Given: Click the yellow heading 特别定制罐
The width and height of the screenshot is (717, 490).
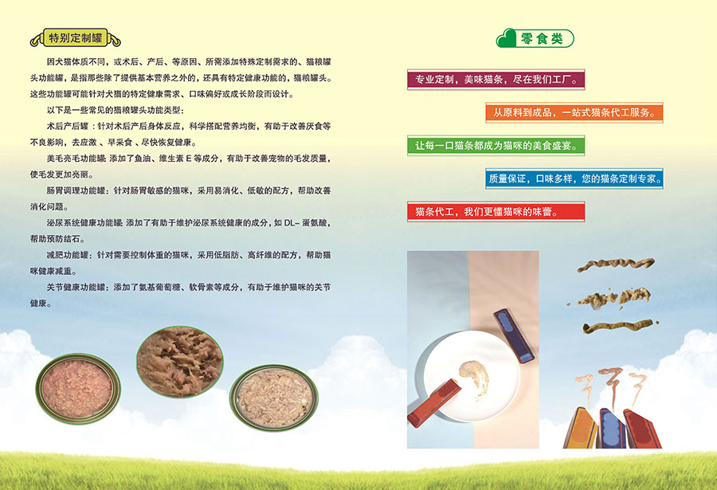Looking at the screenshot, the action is coord(76,37).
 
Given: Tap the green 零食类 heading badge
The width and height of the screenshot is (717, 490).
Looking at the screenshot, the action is coord(535,38).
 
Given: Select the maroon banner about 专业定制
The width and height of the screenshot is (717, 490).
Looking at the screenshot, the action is coord(496,80).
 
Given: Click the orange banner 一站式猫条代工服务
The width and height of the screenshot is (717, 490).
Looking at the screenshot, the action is coord(574,112).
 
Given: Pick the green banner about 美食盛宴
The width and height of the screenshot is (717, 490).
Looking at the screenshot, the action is coord(496,146).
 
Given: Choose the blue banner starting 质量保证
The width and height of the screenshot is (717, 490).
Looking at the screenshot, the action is coord(574,178).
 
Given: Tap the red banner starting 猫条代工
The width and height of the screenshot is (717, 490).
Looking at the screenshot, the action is coord(496,211).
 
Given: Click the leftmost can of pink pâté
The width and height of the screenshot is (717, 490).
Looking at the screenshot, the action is coord(78,389).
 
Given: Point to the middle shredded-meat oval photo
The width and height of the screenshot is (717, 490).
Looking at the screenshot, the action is coord(180,362).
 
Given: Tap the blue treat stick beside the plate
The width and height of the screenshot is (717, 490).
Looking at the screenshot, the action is coord(514,335).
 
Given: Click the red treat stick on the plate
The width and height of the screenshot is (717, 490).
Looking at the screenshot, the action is coord(434,403).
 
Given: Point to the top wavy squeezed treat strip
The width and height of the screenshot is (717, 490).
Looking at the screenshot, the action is coord(616,265).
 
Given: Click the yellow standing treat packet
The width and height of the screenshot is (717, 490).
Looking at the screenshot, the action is coord(580,428).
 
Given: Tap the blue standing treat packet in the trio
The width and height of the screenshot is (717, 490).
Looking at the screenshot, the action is coord(613,428).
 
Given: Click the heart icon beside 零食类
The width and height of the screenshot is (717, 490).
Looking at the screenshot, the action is coord(506,38).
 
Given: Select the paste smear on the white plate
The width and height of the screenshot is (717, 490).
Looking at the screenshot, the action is coord(475,378).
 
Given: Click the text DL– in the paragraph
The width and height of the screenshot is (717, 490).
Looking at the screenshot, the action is coord(292,223).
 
